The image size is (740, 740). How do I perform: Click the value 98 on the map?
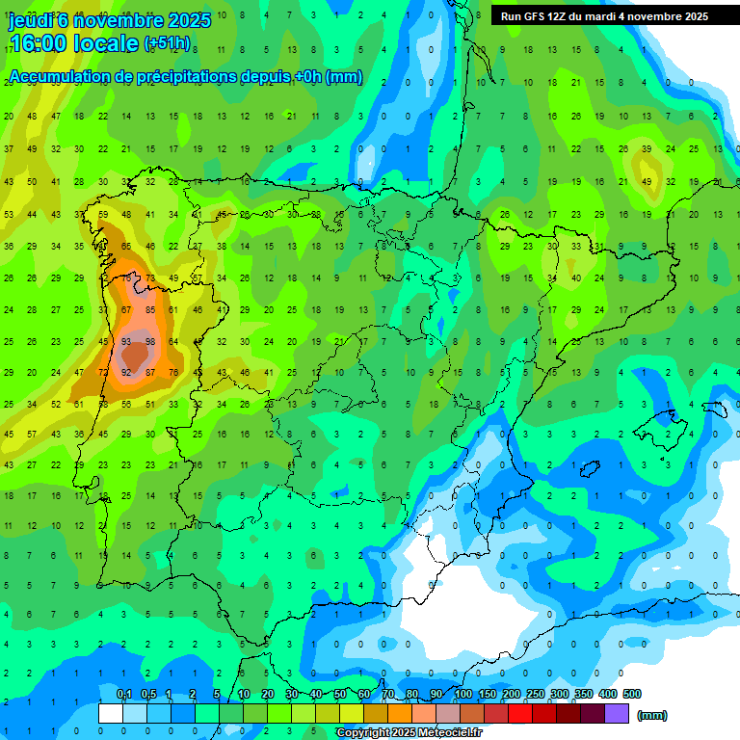coord(150,342)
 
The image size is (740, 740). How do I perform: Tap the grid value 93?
coord(126,342)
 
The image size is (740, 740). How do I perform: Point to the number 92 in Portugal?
coord(126,373)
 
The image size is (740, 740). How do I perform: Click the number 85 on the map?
coord(150,310)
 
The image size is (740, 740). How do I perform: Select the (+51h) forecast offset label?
coord(167,43)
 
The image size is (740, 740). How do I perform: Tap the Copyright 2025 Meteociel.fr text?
coord(409,732)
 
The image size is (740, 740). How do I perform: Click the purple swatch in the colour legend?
coord(617,713)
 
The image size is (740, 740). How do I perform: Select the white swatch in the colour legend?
coord(111,713)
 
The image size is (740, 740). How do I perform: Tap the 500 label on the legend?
coord(632,694)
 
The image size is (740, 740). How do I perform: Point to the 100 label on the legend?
coord(463,694)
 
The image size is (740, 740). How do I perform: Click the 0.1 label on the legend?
coord(124,694)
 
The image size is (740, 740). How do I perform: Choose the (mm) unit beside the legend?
coord(652,715)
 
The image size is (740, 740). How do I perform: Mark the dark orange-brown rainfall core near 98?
coord(139,357)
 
